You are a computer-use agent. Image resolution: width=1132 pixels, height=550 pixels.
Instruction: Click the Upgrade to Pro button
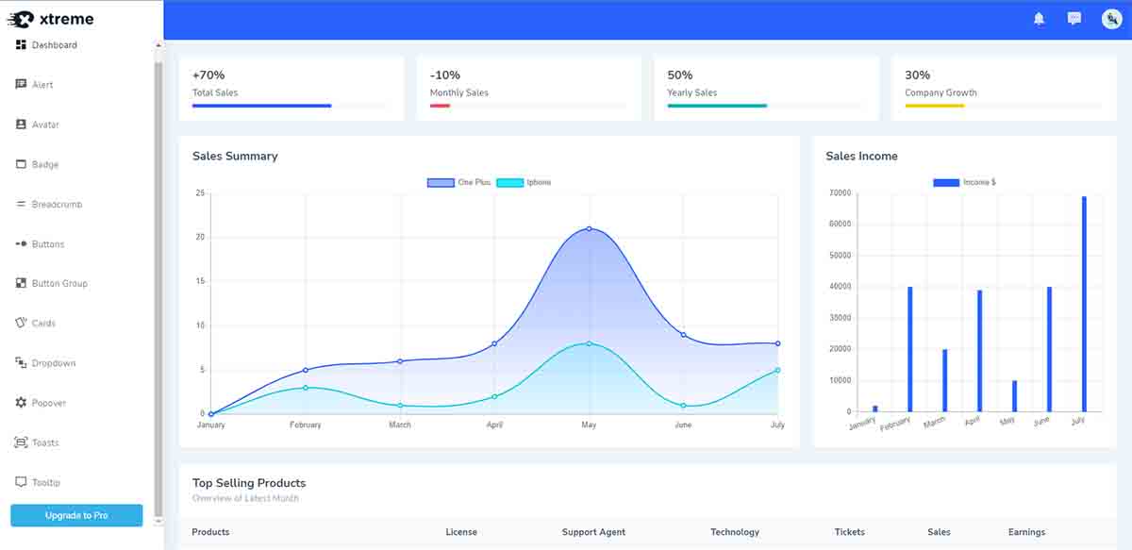pyautogui.click(x=76, y=515)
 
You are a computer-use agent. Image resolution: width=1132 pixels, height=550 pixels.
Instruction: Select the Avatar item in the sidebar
pyautogui.click(x=45, y=125)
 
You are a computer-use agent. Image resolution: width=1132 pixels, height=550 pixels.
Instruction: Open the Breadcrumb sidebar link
pyautogui.click(x=57, y=204)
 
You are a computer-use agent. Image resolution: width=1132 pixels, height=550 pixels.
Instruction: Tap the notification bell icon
pyautogui.click(x=1039, y=19)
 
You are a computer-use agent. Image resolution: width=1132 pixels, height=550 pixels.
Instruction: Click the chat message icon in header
pyautogui.click(x=1074, y=19)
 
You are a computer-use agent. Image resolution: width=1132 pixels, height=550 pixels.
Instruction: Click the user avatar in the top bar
pyautogui.click(x=1111, y=19)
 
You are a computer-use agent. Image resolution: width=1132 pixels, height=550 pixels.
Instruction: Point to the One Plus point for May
pyautogui.click(x=589, y=228)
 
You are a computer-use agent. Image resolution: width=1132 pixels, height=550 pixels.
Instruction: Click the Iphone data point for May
pyautogui.click(x=589, y=343)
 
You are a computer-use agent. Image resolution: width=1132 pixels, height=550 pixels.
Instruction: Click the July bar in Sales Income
pyautogui.click(x=1084, y=304)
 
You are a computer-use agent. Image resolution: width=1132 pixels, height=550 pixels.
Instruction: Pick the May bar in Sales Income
pyautogui.click(x=1014, y=396)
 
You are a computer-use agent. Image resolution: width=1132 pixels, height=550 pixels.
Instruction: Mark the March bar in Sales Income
pyautogui.click(x=944, y=380)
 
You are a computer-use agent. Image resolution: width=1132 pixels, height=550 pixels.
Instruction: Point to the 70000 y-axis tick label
pyautogui.click(x=839, y=193)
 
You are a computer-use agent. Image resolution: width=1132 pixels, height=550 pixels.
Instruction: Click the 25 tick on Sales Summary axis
pyautogui.click(x=200, y=193)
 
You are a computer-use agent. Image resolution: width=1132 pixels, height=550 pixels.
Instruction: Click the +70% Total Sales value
pyautogui.click(x=208, y=75)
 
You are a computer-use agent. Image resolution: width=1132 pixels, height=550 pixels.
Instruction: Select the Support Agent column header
pyautogui.click(x=593, y=532)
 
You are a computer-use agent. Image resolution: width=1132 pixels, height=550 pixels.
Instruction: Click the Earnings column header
pyautogui.click(x=1026, y=532)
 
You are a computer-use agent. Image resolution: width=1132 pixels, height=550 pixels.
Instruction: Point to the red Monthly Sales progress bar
pyautogui.click(x=440, y=106)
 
